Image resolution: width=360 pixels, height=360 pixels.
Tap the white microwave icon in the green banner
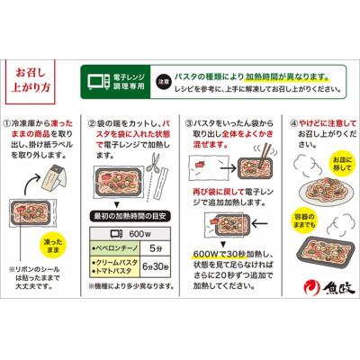pyautogui.click(x=94, y=80)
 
